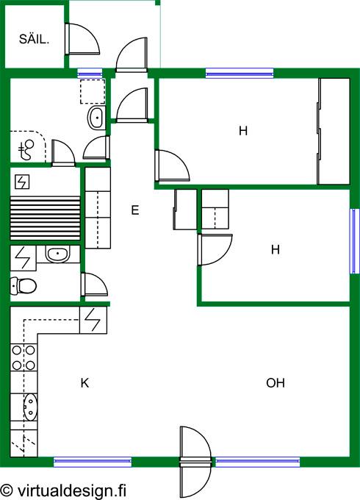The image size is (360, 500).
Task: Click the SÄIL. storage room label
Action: click(x=34, y=39)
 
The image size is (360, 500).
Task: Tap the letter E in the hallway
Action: click(x=135, y=210)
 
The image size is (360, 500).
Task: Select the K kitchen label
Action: click(x=84, y=382)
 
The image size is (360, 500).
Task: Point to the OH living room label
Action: click(x=276, y=382)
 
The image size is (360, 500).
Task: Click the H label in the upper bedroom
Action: click(x=243, y=130)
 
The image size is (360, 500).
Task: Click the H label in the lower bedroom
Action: click(x=276, y=249)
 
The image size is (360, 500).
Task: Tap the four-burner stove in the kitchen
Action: click(x=24, y=357)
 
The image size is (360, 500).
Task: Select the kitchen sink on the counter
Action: click(x=30, y=407)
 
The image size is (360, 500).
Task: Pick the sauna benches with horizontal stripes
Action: click(x=46, y=218)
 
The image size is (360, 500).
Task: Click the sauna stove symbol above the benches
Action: click(x=22, y=182)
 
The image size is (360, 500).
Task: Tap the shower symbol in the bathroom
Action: click(x=26, y=149)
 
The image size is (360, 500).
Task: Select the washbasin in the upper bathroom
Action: click(x=96, y=118)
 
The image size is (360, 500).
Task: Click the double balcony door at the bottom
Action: click(x=195, y=462)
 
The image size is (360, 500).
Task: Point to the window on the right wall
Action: click(x=355, y=241)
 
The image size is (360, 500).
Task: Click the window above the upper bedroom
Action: click(x=240, y=74)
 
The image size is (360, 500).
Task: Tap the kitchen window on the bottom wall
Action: click(x=93, y=462)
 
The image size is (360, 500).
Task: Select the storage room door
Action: click(x=82, y=39)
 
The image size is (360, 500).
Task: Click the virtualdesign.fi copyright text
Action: click(x=63, y=490)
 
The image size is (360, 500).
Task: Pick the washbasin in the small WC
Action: click(x=57, y=254)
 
